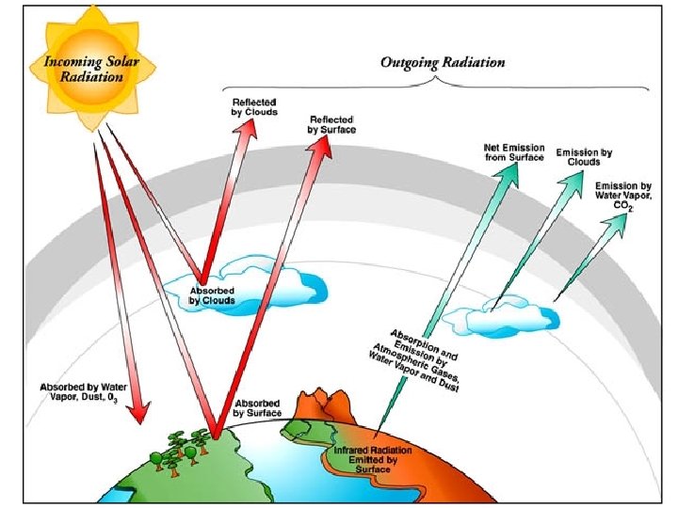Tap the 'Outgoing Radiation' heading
pyautogui.click(x=442, y=62)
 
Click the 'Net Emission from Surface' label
pyautogui.click(x=513, y=152)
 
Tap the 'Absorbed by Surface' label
pyautogui.click(x=257, y=407)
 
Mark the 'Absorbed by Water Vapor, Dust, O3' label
pyautogui.click(x=79, y=392)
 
